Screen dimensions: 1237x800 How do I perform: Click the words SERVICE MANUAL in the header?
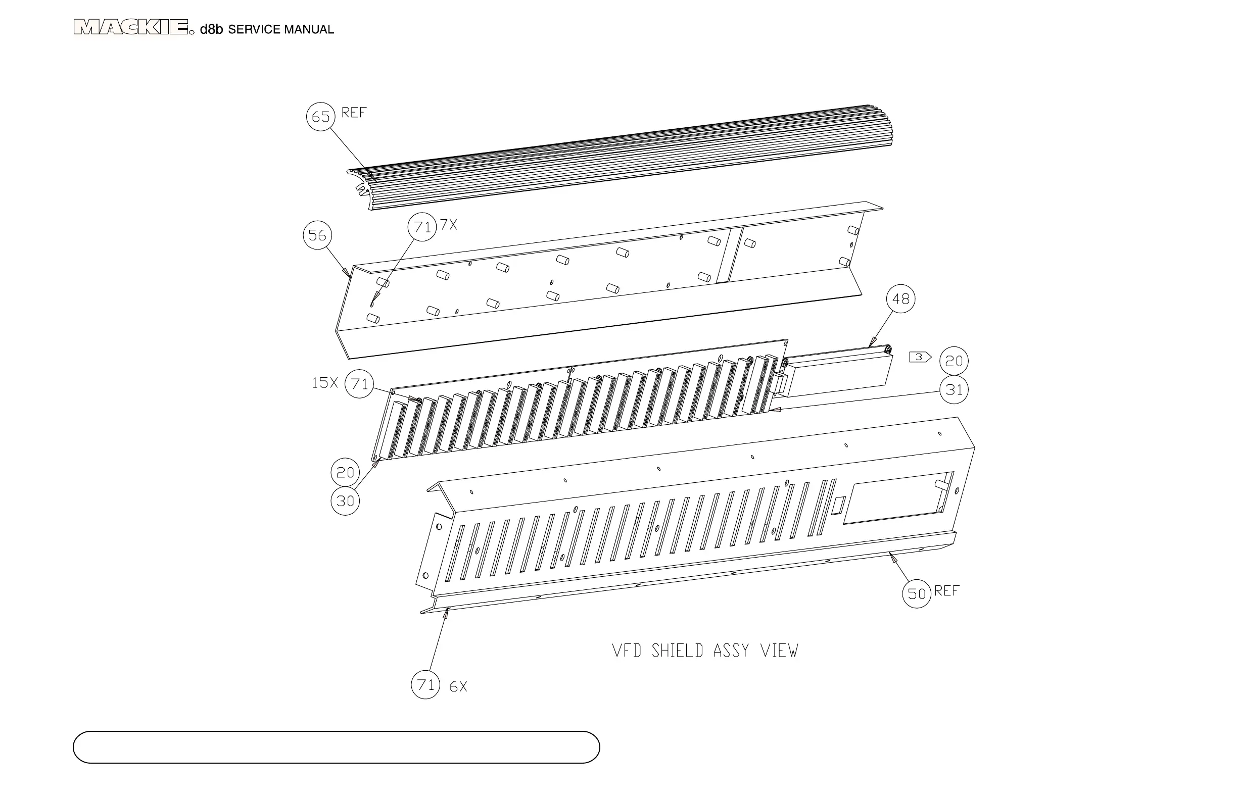pyautogui.click(x=280, y=30)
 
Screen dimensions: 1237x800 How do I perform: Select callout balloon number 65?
pyautogui.click(x=321, y=117)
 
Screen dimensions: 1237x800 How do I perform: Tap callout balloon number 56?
pyautogui.click(x=317, y=235)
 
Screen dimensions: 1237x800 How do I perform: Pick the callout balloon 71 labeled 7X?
pyautogui.click(x=422, y=227)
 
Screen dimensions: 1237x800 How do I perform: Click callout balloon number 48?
pyautogui.click(x=901, y=298)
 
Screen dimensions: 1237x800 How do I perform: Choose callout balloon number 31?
pyautogui.click(x=954, y=389)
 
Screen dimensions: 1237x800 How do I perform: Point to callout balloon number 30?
pyautogui.click(x=345, y=501)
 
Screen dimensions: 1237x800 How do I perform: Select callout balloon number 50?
pyautogui.click(x=916, y=593)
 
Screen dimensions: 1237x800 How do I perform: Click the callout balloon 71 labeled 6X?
pyautogui.click(x=425, y=685)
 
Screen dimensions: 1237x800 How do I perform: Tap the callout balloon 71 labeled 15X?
pyautogui.click(x=359, y=384)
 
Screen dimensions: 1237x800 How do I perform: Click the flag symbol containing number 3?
pyautogui.click(x=920, y=358)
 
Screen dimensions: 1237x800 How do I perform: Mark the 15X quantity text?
pyautogui.click(x=324, y=383)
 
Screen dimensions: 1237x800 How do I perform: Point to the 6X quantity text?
pyautogui.click(x=458, y=687)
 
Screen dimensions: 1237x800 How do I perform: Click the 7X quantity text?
pyautogui.click(x=449, y=225)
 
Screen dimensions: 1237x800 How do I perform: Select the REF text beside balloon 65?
pyautogui.click(x=354, y=113)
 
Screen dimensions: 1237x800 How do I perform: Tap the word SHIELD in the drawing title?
pyautogui.click(x=678, y=651)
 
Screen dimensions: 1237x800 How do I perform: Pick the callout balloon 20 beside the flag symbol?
pyautogui.click(x=954, y=361)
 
